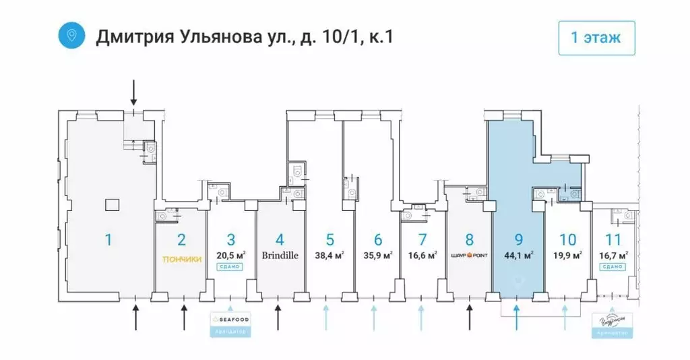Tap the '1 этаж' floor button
tap(596, 38)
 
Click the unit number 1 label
tap(107, 239)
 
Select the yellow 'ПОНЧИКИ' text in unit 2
tap(181, 258)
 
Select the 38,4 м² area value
tap(330, 256)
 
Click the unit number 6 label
tap(377, 239)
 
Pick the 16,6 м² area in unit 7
tap(422, 256)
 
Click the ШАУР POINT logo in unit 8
tap(470, 256)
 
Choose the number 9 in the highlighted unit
tap(518, 239)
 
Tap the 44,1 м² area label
tap(518, 256)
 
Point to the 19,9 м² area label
tap(568, 256)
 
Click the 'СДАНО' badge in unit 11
tap(613, 266)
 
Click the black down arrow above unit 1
tap(133, 91)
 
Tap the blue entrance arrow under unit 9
tap(516, 315)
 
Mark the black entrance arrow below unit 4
tap(278, 316)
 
